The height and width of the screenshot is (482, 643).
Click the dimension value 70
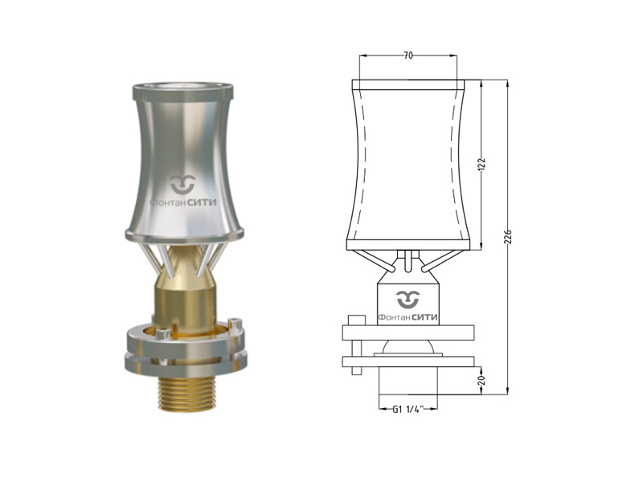408,55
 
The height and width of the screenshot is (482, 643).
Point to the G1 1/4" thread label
408,409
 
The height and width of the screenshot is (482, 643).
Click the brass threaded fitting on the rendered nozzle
186,394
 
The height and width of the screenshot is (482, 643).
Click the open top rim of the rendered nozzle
183,88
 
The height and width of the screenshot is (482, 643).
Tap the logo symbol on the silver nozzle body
183,184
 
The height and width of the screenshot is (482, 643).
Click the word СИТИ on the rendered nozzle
202,202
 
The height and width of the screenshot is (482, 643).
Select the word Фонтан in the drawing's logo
394,317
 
